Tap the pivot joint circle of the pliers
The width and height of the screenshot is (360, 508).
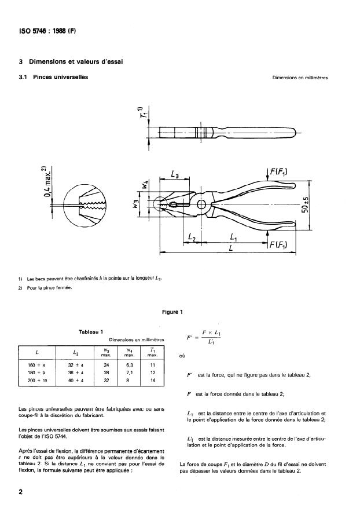tap(201, 204)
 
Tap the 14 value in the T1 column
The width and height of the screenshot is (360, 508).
tap(152, 381)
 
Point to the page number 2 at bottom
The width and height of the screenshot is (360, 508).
tap(21, 492)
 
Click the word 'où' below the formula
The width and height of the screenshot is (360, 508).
tap(183, 357)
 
